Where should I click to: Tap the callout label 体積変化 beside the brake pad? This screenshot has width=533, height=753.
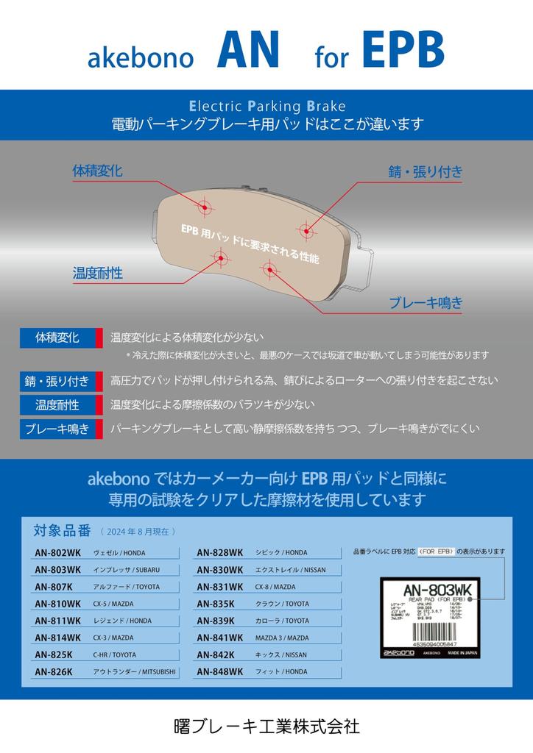[x=97, y=171]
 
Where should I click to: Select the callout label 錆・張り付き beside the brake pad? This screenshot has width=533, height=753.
[x=426, y=172]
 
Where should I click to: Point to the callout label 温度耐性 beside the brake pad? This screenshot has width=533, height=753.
[x=97, y=273]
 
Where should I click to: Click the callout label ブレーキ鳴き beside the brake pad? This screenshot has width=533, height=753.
[x=426, y=301]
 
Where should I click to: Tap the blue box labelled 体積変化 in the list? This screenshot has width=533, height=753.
[x=57, y=338]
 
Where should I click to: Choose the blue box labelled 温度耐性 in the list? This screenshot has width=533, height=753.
[x=57, y=404]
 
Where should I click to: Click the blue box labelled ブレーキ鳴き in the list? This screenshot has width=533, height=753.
[x=57, y=429]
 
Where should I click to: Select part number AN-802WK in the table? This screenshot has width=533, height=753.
[x=57, y=552]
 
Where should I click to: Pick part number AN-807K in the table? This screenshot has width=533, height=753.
[x=53, y=587]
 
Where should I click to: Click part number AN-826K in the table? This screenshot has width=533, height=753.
[x=53, y=671]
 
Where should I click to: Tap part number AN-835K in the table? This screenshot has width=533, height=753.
[x=215, y=604]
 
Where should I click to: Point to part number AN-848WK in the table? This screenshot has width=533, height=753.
[x=219, y=671]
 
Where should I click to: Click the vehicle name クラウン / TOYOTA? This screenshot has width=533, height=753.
[x=282, y=604]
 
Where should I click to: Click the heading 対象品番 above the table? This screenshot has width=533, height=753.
[x=62, y=530]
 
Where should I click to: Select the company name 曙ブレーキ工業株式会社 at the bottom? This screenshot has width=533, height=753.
[x=266, y=727]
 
